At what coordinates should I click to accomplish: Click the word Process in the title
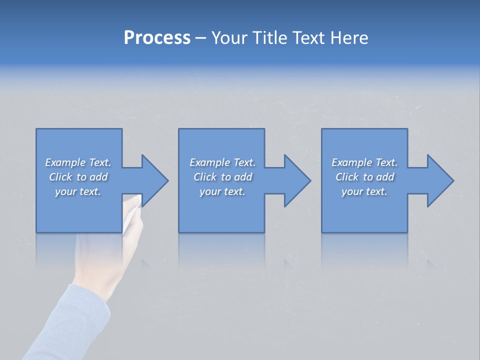(x=157, y=38)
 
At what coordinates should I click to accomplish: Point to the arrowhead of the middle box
(x=296, y=180)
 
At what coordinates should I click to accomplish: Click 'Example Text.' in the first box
(x=78, y=162)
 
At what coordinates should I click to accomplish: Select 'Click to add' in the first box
(x=78, y=177)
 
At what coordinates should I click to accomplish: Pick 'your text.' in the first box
(x=78, y=191)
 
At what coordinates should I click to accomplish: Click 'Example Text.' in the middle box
(x=222, y=162)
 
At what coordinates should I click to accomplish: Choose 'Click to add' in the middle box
(x=222, y=177)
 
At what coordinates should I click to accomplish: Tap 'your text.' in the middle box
(x=222, y=191)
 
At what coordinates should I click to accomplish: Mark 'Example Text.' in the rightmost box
(x=364, y=162)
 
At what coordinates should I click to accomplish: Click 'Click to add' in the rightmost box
(x=364, y=177)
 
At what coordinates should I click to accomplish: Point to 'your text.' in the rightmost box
(x=364, y=191)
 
